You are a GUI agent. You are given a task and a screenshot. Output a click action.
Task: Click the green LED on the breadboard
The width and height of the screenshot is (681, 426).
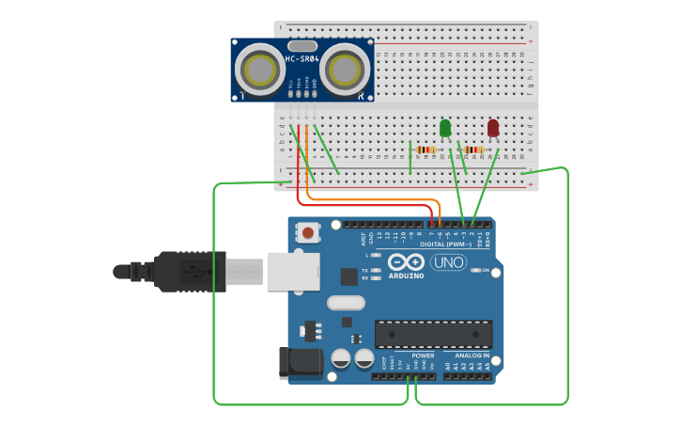tap(445, 127)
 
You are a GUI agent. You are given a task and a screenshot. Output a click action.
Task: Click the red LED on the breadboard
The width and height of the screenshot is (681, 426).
tap(493, 127)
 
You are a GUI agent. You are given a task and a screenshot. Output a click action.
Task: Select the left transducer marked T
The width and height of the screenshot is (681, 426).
tap(255, 69)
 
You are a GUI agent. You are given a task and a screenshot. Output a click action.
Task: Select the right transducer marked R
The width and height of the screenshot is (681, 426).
tap(346, 69)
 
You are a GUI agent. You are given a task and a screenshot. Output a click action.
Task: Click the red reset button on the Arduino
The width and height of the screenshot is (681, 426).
tap(307, 231)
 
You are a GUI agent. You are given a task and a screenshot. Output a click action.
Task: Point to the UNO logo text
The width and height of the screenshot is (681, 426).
tap(448, 262)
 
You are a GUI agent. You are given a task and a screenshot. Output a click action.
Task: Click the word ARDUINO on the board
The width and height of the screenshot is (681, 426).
tap(406, 276)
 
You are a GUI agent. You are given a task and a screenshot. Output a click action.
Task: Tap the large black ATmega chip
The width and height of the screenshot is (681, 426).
tap(433, 334)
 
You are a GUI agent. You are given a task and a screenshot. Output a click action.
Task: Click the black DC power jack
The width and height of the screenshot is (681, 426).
tap(300, 363)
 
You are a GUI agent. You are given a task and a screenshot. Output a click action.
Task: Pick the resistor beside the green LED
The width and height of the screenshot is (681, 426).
tap(426, 150)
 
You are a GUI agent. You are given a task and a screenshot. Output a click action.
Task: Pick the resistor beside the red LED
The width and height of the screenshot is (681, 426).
tap(474, 150)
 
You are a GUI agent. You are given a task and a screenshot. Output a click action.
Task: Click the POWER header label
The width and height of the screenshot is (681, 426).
tap(423, 355)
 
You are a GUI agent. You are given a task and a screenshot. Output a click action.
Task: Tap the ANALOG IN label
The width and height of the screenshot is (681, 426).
tap(472, 355)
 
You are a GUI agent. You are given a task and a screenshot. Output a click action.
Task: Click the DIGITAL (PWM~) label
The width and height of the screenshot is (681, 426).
tap(445, 245)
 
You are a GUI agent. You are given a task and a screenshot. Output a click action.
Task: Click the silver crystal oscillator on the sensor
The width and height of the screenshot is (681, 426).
tap(302, 45)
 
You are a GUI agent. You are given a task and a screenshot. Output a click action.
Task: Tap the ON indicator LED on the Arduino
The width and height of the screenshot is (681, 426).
tap(474, 271)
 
